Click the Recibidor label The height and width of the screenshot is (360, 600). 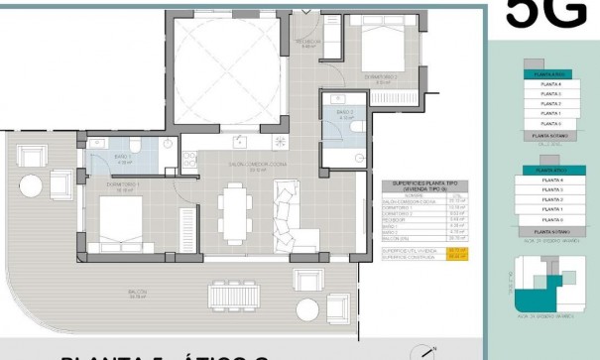[x=307, y=42]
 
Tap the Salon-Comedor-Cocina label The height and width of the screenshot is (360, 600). [x=231, y=168]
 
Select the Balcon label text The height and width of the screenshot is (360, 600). [x=139, y=293]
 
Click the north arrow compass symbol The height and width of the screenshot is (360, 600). [x=427, y=350]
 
